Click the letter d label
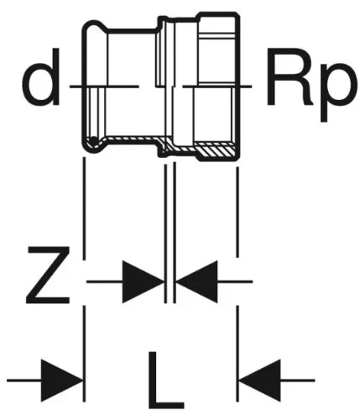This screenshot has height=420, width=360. click(x=40, y=76)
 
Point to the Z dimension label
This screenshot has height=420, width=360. click(x=48, y=276)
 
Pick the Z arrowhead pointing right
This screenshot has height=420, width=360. click(x=143, y=281)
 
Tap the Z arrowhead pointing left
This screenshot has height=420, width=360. click(x=196, y=281)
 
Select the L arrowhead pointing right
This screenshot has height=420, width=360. click(x=62, y=381)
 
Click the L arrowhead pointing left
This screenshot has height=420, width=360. click(x=260, y=381)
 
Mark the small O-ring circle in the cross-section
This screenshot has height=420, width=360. click(x=94, y=141)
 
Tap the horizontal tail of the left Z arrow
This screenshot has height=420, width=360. click(x=105, y=281)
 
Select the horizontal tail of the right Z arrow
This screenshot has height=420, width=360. click(x=235, y=281)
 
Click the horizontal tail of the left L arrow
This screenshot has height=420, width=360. click(x=24, y=381)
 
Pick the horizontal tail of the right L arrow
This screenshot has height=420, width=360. click(x=298, y=381)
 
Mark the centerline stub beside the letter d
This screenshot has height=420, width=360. click(x=104, y=87)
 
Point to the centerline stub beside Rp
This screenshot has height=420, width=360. click(x=217, y=87)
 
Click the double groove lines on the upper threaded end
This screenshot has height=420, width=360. click(x=217, y=36)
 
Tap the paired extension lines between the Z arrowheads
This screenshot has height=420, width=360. click(x=170, y=233)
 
